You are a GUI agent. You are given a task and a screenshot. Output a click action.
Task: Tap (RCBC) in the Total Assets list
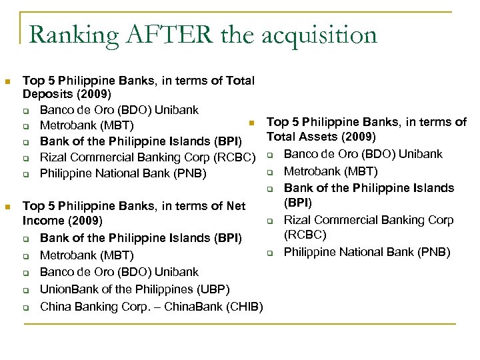(304, 235)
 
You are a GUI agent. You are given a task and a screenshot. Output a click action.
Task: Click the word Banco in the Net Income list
(57, 272)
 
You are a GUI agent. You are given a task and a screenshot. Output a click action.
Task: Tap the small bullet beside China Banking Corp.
(25, 307)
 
